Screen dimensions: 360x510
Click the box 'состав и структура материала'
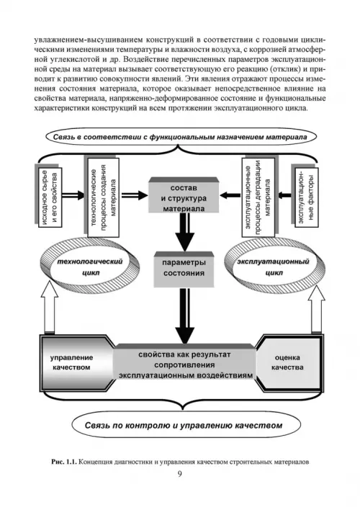point(184,195)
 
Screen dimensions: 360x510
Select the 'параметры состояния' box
point(184,269)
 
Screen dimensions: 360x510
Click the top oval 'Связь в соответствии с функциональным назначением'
point(180,137)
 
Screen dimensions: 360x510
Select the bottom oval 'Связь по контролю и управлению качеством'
point(184,425)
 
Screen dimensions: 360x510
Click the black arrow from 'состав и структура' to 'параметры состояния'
point(184,231)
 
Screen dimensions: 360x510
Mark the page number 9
point(180,473)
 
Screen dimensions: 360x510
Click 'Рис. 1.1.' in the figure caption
point(64,462)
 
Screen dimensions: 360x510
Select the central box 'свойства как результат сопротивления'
point(185,364)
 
